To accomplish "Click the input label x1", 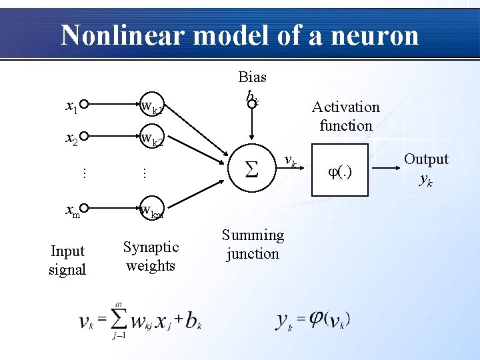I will tap(71, 105).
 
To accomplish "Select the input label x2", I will tap(71, 138).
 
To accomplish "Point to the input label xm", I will tap(72, 211).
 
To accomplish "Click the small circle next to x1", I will tap(85, 104).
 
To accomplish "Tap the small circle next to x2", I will tap(85, 137).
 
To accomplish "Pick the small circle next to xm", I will tap(85, 209).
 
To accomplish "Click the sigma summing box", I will tap(251, 171).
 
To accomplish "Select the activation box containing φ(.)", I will tap(340, 171).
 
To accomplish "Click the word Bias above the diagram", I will tap(252, 77).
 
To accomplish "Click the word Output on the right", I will tap(426, 159).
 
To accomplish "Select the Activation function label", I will tap(345, 116).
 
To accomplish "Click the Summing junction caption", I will tap(253, 244).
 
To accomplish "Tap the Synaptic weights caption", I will tap(151, 256).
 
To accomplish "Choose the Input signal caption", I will tap(67, 260).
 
